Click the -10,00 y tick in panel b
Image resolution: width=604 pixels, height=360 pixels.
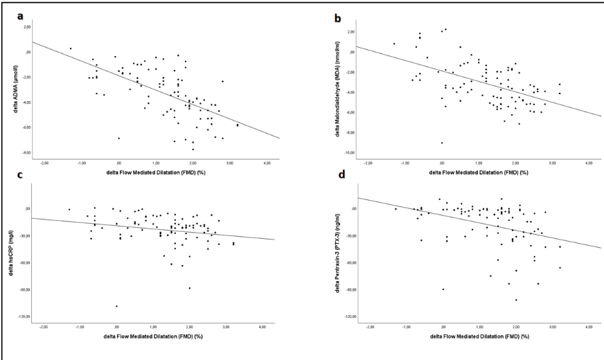[348, 152]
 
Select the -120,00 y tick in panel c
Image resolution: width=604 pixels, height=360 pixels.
[23, 316]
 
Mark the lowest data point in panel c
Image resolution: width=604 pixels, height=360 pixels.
[116, 306]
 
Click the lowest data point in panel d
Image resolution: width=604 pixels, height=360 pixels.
[516, 300]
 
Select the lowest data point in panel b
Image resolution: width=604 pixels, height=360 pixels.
[442, 143]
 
